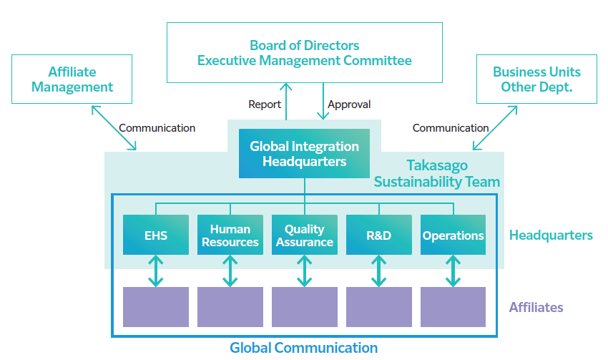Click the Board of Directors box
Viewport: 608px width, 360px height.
point(304,52)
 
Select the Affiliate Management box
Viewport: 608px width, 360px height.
point(72,79)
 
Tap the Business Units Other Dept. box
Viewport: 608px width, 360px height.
point(536,79)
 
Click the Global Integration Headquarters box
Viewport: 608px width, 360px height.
point(304,153)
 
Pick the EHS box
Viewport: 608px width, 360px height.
point(156,235)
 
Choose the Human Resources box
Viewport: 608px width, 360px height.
point(230,235)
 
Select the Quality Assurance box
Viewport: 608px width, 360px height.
point(304,235)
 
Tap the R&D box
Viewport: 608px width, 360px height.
point(378,235)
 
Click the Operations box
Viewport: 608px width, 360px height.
point(453,235)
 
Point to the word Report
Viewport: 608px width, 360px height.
point(265,104)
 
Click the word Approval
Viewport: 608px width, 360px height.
point(349,104)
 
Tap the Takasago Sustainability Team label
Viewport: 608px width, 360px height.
point(437,173)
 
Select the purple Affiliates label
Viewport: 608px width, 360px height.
point(536,307)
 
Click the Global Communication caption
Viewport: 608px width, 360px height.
point(303,348)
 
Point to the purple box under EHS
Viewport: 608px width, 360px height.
point(156,307)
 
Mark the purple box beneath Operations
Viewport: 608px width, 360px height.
point(453,307)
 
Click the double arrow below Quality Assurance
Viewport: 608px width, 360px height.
point(304,271)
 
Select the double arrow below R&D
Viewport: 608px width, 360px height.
point(378,271)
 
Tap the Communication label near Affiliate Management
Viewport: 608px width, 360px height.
point(157,128)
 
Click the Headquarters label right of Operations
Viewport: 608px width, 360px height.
point(551,235)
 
